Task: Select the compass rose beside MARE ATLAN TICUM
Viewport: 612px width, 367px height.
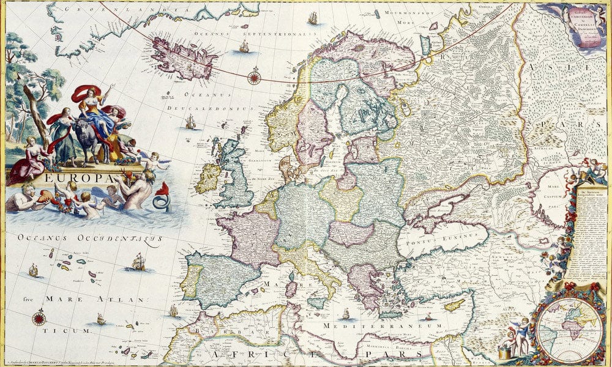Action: click(x=39, y=317)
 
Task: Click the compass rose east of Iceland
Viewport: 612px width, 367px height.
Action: click(x=253, y=77)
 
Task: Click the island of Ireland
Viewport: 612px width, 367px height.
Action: click(x=208, y=177)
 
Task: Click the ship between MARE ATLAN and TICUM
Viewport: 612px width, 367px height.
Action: click(x=100, y=319)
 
